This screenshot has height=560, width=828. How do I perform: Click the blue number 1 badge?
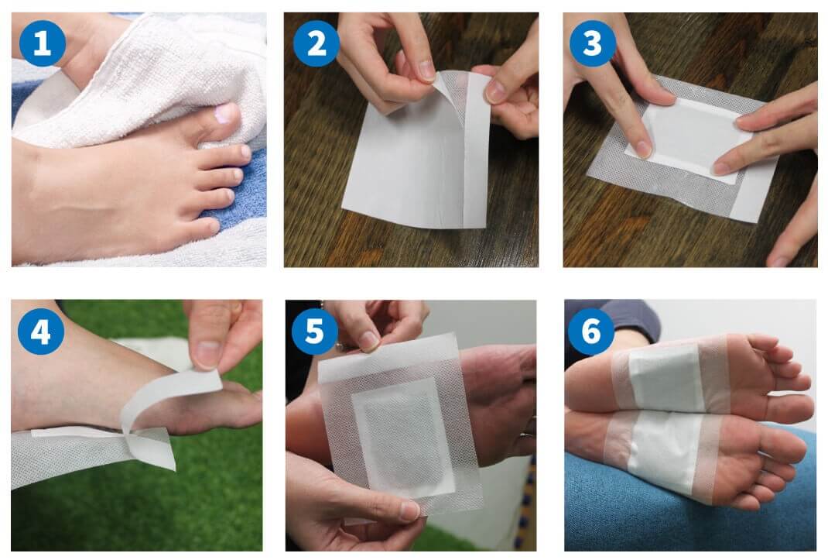click(x=43, y=43)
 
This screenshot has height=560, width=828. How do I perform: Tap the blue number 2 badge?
click(x=316, y=43)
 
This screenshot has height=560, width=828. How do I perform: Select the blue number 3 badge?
click(x=593, y=43)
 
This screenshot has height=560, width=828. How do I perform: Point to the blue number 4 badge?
click(x=41, y=332)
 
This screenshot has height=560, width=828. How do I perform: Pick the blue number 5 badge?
click(x=315, y=332)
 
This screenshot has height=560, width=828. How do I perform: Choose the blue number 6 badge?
click(x=590, y=332)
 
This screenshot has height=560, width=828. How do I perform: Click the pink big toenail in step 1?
click(x=224, y=114)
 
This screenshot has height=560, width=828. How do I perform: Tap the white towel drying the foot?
click(x=153, y=79)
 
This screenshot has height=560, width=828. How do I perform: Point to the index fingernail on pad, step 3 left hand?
click(x=642, y=149)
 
